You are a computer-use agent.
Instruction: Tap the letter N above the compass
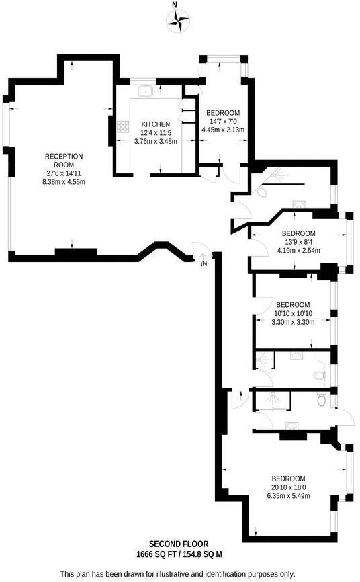pos(175,5)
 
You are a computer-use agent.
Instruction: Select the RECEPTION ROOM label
pos(64,161)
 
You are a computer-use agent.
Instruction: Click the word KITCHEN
pos(155,124)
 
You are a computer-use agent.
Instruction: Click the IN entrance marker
pos(204,265)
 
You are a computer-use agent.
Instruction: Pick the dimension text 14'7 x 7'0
pos(223,122)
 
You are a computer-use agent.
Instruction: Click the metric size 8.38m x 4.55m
pos(64,182)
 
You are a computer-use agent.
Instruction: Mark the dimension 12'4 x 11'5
pos(155,133)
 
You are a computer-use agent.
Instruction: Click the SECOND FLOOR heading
pos(179,544)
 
